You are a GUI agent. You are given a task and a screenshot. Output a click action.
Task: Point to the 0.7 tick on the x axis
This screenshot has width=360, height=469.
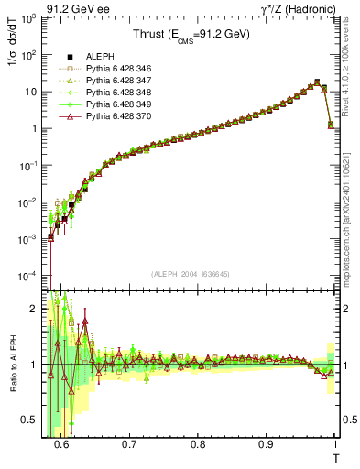[129, 444]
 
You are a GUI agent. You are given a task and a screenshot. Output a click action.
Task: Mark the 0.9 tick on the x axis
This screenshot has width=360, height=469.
[266, 444]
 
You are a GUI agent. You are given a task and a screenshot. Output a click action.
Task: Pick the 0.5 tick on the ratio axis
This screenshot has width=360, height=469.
[35, 420]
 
